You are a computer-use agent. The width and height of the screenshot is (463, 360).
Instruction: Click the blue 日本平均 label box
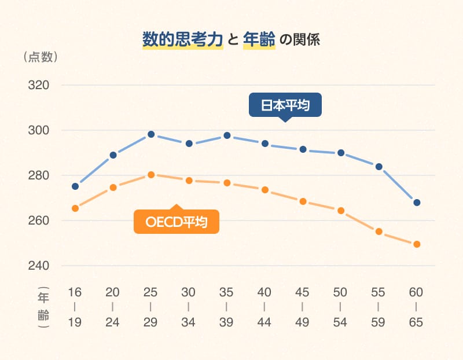coord(284,105)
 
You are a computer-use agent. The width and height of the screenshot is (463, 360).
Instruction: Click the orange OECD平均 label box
coord(177,222)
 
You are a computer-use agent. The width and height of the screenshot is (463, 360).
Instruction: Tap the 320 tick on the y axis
coord(38,85)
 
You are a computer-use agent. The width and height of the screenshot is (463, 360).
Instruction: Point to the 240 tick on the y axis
coord(38,266)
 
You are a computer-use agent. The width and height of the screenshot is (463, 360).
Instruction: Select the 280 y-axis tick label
coord(38,175)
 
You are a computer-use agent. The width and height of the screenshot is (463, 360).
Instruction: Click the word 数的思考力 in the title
coord(183,40)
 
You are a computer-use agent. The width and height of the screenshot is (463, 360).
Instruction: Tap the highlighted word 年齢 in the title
coord(259,40)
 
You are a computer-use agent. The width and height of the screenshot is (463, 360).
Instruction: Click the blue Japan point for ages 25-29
coord(151,134)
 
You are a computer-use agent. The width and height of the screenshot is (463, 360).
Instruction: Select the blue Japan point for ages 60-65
coord(417,203)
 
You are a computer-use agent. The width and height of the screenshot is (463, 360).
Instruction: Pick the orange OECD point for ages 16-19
coord(75,208)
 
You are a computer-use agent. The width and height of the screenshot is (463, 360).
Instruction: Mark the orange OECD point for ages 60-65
coord(417,244)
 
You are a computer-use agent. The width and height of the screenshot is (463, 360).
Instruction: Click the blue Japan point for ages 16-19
coord(75,186)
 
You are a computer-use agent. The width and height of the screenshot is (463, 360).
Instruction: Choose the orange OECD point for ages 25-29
coord(151,174)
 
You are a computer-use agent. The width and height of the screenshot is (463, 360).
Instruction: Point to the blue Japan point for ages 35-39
coord(227,135)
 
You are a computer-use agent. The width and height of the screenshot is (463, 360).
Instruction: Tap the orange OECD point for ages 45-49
coord(303,201)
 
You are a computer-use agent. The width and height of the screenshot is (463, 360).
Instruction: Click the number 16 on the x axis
coord(75,292)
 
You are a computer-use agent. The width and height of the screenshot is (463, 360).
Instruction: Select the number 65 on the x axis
coord(416,322)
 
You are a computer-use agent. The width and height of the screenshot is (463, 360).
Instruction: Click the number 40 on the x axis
coord(264,292)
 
